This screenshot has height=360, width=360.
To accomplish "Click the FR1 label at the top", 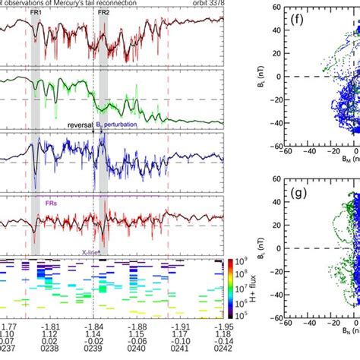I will click(36, 13).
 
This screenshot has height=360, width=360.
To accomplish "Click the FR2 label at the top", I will click(103, 13).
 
